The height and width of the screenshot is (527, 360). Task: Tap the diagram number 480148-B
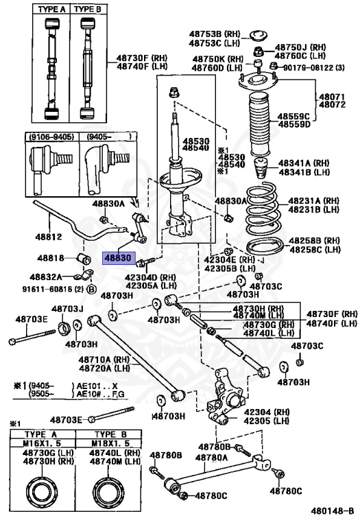click(x=332, y=511)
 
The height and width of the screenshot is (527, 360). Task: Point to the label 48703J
click(x=67, y=309)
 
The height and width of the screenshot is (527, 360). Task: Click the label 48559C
click(x=294, y=116)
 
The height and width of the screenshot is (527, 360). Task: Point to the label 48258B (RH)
click(x=314, y=241)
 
